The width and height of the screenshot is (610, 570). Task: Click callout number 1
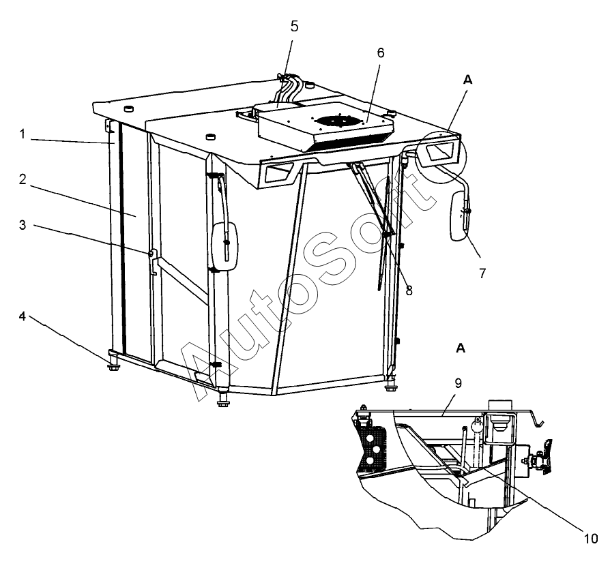23,134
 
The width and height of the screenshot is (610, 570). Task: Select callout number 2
23,179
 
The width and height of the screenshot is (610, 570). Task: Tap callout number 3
23,225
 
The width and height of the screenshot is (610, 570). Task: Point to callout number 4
23,316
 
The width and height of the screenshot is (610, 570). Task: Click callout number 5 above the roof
295,27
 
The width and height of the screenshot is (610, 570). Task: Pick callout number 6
381,53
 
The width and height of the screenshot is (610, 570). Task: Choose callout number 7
482,273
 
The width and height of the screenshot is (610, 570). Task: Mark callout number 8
409,290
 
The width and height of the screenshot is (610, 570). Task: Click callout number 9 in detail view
459,383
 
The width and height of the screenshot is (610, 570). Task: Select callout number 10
590,539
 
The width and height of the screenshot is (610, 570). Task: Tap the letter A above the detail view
461,348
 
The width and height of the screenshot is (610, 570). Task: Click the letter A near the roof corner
467,80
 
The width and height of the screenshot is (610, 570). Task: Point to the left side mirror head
224,246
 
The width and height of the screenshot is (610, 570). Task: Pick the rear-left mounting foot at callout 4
113,361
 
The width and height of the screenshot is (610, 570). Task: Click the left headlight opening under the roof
278,172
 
